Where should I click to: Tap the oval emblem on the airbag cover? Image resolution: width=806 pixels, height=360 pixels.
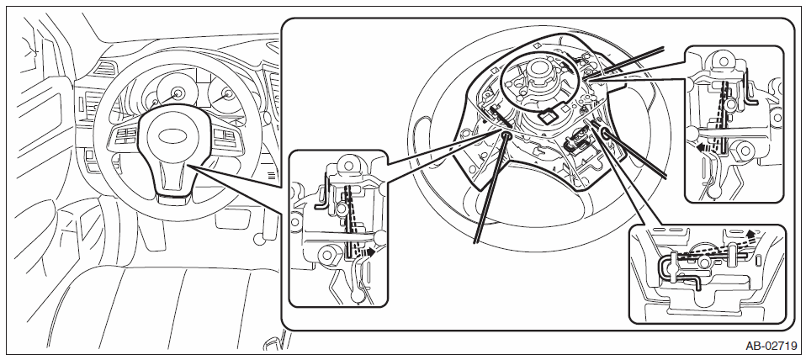tap(172, 136)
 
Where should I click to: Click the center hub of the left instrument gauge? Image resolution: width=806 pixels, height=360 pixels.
tap(178, 93)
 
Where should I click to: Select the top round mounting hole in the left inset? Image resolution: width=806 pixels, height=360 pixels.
tap(348, 166)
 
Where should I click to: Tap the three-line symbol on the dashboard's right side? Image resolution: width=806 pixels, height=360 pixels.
tap(270, 175)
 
